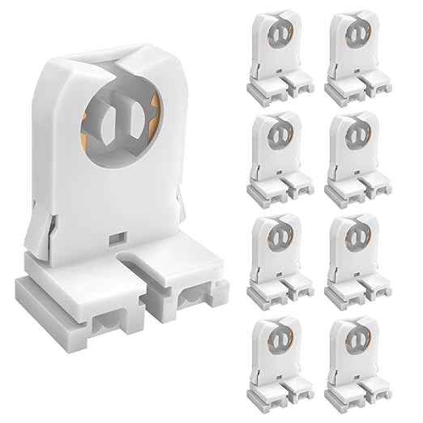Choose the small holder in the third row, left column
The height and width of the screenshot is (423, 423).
[276, 258]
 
